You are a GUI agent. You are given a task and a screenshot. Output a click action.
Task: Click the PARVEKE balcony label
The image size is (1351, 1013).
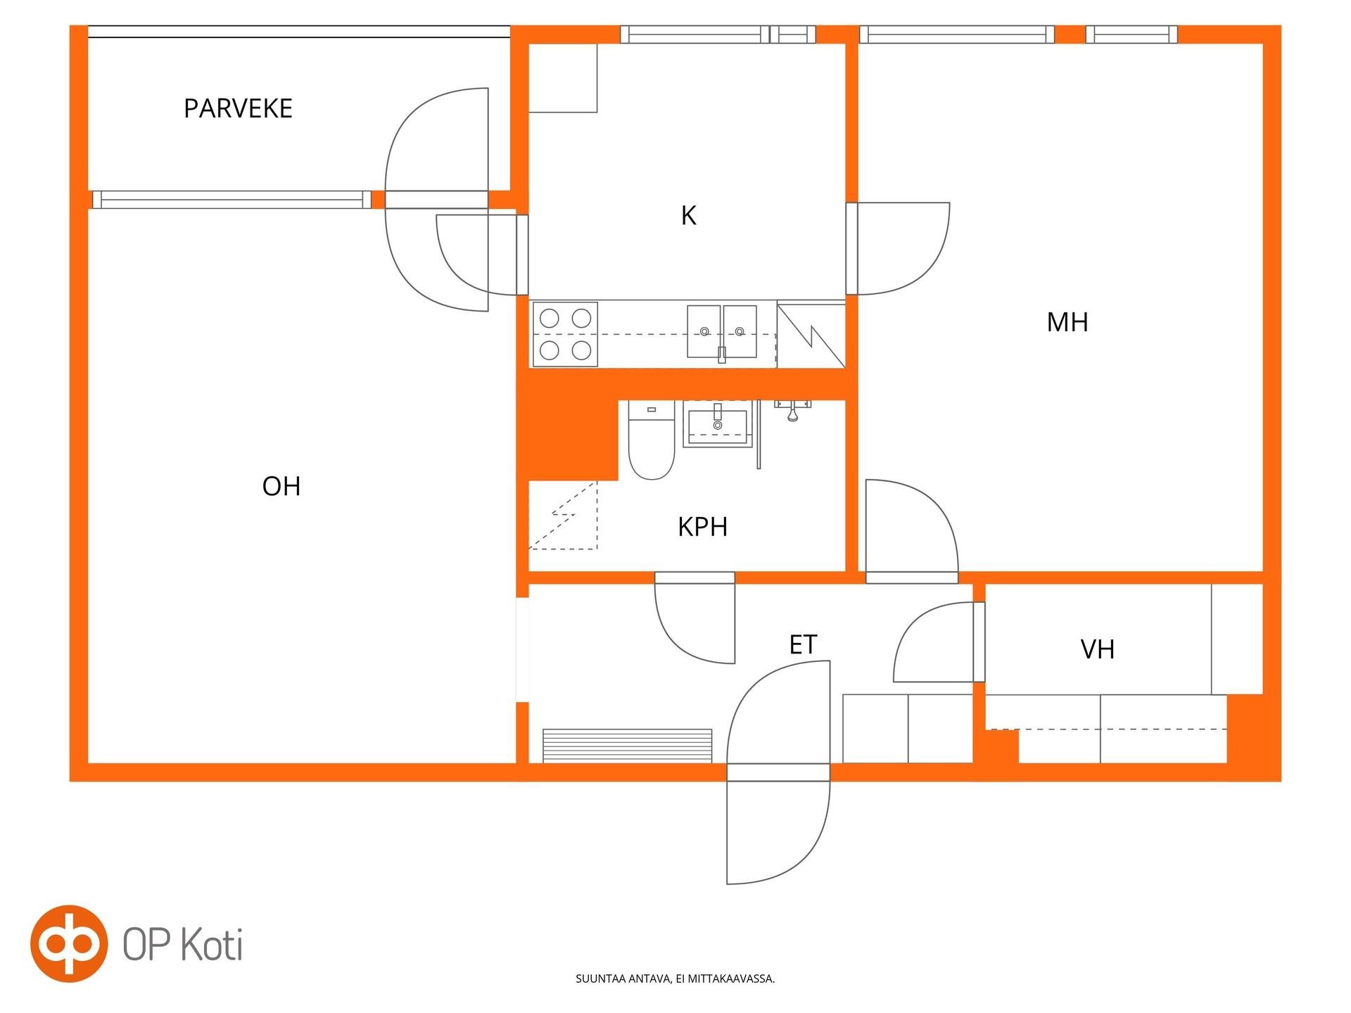tap(238, 108)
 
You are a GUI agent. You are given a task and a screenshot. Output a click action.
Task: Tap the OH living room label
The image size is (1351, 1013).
tap(281, 486)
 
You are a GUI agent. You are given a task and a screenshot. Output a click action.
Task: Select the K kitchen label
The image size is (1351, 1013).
tap(688, 215)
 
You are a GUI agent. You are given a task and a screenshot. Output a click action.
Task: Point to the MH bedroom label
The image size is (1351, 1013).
tap(1067, 322)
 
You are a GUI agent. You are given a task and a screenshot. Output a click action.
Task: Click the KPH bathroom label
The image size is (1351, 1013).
tap(702, 527)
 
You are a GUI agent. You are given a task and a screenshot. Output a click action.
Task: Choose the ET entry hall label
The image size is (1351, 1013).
tap(803, 644)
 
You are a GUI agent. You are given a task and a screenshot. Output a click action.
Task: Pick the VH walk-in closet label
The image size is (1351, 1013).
tap(1098, 649)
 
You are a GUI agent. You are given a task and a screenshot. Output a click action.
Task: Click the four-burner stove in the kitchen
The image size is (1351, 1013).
tap(565, 334)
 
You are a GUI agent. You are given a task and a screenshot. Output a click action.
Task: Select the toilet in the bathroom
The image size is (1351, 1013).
tap(652, 440)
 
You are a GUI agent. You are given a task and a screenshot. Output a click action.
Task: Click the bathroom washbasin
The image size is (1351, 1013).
tap(718, 423)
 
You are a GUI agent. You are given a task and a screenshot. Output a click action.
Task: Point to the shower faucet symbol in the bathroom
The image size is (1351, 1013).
tap(793, 410)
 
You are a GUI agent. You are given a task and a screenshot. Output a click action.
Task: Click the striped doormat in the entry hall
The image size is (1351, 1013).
tap(628, 746)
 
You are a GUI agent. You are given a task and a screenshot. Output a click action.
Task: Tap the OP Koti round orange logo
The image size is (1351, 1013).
tap(69, 943)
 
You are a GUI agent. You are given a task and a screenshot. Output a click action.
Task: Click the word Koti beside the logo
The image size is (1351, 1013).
tap(212, 944)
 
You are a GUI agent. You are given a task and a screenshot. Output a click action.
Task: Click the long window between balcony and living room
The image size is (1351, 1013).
tap(232, 200)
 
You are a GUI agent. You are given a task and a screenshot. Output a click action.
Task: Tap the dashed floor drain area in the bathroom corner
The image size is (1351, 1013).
tap(563, 516)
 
